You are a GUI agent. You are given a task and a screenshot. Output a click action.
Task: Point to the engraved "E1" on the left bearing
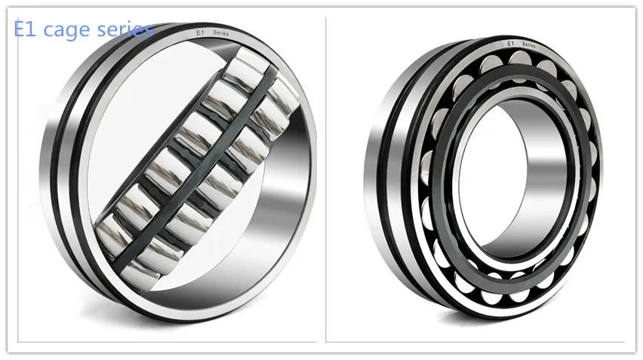pyautogui.click(x=200, y=32)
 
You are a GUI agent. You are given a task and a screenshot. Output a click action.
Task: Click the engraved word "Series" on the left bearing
pyautogui.click(x=222, y=34)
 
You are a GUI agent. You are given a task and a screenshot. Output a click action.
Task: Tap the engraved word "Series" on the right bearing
pyautogui.click(x=528, y=45)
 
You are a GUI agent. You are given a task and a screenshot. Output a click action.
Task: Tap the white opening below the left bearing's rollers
pyautogui.click(x=249, y=249)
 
